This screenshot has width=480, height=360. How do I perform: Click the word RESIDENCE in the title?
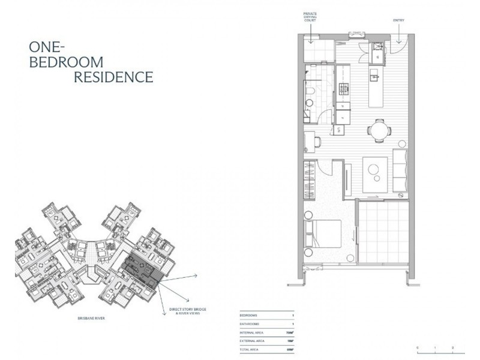(x=113, y=77)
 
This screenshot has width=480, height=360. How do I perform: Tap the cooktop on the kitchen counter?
(x=344, y=90)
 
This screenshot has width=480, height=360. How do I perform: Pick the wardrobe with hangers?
(x=310, y=179)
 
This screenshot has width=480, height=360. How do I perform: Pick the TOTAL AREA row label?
(x=251, y=349)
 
